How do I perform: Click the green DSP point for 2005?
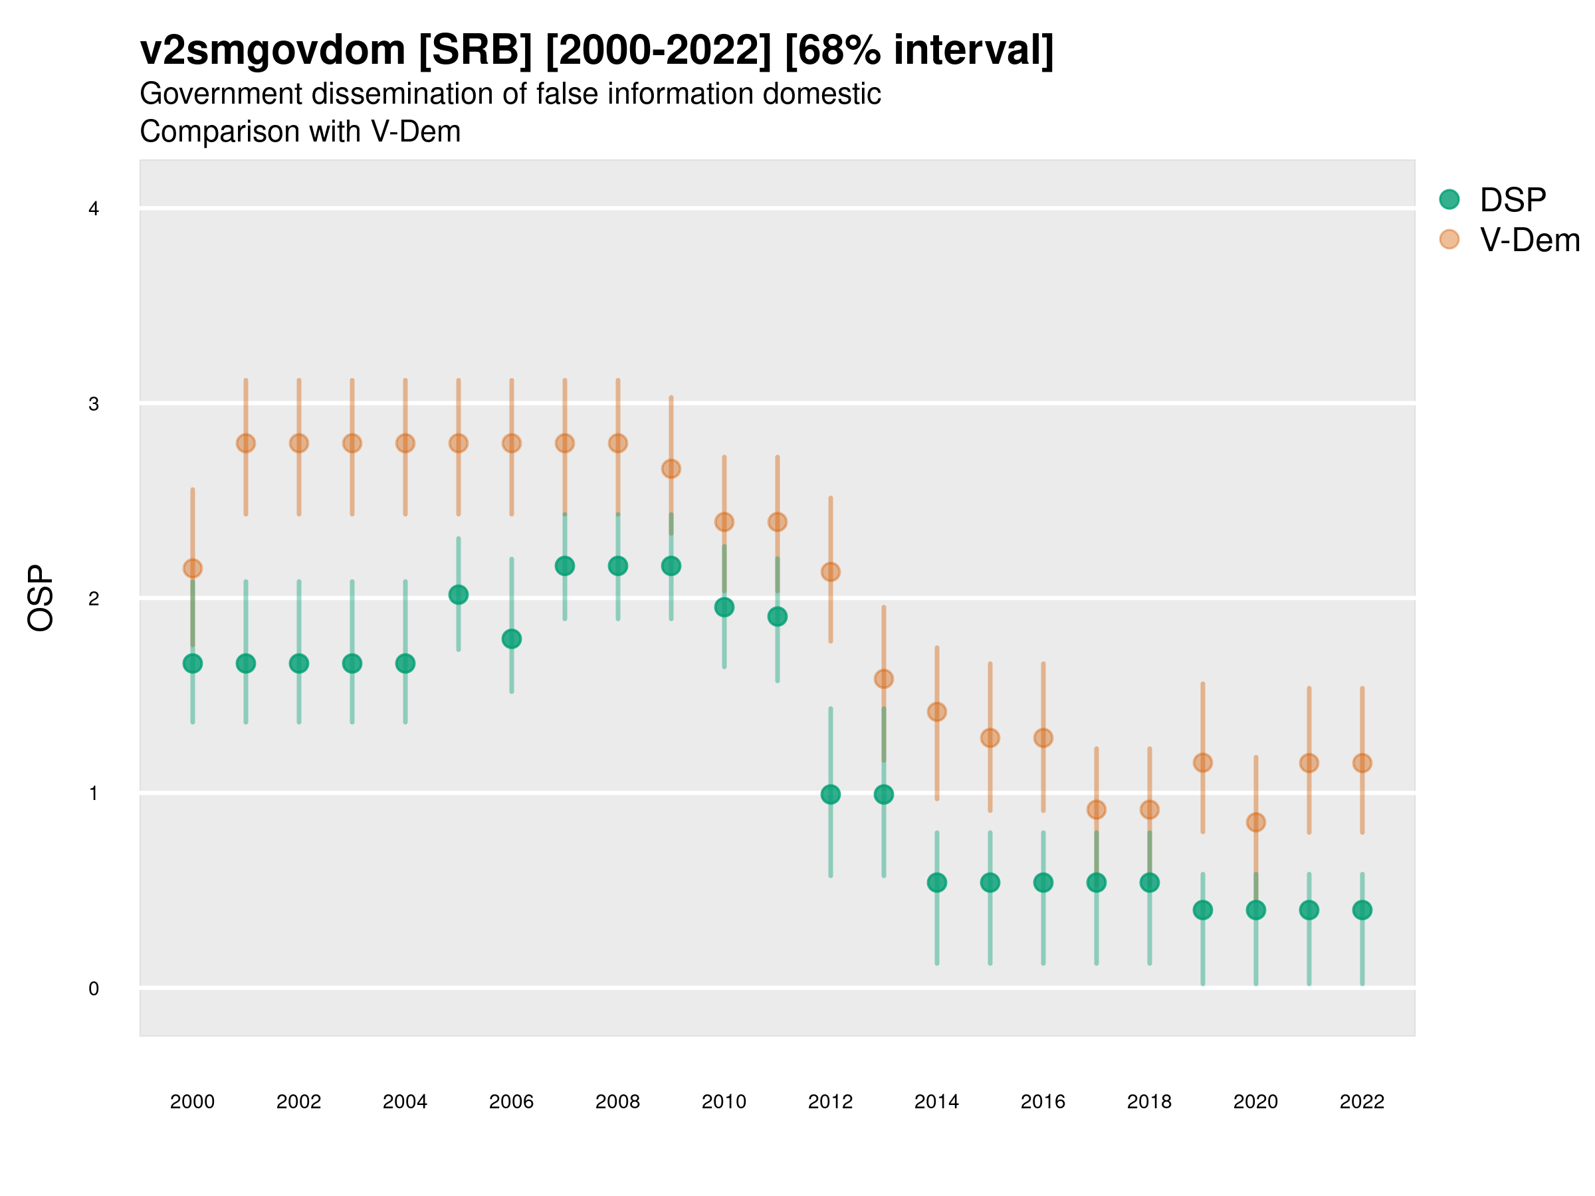pyautogui.click(x=459, y=595)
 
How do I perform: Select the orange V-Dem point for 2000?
pyautogui.click(x=193, y=569)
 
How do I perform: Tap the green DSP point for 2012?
pyautogui.click(x=831, y=795)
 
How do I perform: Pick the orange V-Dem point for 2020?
pyautogui.click(x=1256, y=822)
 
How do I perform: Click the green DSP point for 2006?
pyautogui.click(x=512, y=639)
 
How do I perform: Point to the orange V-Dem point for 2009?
pyautogui.click(x=671, y=468)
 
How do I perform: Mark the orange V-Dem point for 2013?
pyautogui.click(x=884, y=678)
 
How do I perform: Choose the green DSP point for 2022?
pyautogui.click(x=1362, y=910)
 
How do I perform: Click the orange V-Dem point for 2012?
pyautogui.click(x=831, y=571)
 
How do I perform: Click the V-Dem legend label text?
pyautogui.click(x=1529, y=240)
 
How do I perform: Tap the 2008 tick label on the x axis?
pyautogui.click(x=618, y=1102)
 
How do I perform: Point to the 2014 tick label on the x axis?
pyautogui.click(x=936, y=1102)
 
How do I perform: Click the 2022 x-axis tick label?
pyautogui.click(x=1362, y=1102)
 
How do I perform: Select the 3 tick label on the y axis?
pyautogui.click(x=94, y=404)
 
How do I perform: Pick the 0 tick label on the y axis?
pyautogui.click(x=94, y=989)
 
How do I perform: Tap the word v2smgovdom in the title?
pyautogui.click(x=272, y=50)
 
